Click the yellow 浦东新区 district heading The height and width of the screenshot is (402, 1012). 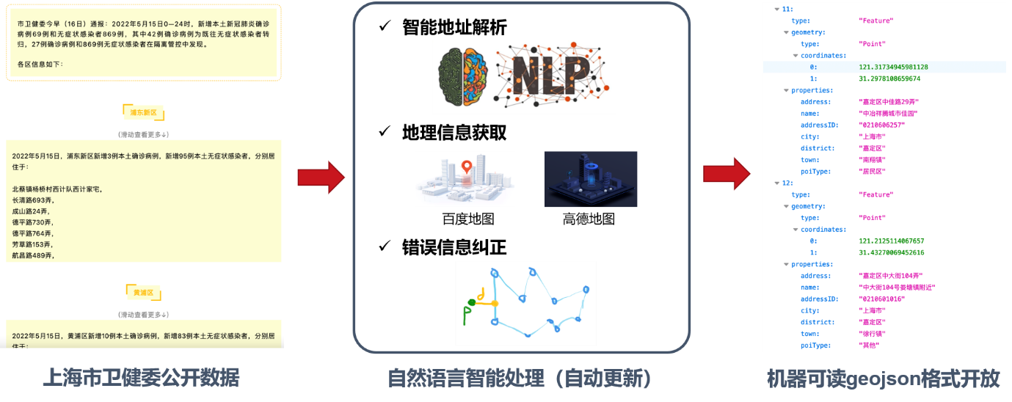(x=144, y=113)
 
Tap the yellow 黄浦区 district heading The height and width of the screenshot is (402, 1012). (x=144, y=293)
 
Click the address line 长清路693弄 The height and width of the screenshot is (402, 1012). (x=32, y=200)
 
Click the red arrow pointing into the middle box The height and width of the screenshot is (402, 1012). (x=321, y=178)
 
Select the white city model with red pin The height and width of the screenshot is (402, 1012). (x=465, y=179)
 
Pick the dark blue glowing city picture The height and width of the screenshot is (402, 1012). (x=591, y=179)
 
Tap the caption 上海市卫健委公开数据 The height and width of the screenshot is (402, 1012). (x=141, y=379)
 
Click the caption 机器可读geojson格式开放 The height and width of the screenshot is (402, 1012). (x=883, y=379)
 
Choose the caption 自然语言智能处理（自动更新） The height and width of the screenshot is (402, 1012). (x=520, y=379)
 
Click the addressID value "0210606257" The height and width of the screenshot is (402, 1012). (x=881, y=125)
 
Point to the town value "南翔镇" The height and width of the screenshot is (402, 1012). (x=872, y=160)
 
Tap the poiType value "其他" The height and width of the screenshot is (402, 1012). (x=869, y=346)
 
